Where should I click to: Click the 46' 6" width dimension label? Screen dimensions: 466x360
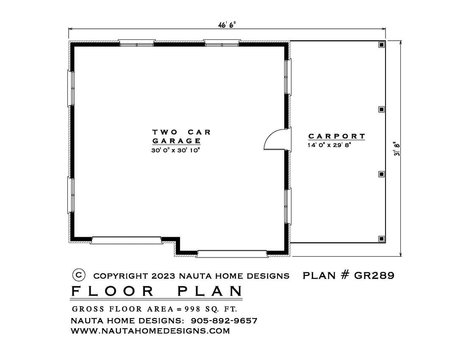[227, 25]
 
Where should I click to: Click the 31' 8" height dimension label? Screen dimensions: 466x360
[397, 149]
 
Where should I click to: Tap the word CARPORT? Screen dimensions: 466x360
[336, 136]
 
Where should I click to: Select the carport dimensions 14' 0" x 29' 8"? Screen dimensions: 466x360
[329, 145]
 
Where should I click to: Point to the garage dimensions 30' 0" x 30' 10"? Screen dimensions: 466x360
[175, 150]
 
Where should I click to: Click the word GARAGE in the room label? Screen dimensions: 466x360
[177, 141]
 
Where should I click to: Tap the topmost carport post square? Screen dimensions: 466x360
[382, 44]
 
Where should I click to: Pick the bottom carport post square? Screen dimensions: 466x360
[382, 238]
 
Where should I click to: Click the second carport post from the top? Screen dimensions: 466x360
[382, 109]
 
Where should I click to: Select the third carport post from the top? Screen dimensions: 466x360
[382, 174]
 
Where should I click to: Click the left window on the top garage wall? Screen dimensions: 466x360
[137, 43]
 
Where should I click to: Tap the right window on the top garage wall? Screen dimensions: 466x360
[222, 43]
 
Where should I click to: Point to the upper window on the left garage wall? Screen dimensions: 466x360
[71, 88]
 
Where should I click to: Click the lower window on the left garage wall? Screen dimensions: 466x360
[71, 195]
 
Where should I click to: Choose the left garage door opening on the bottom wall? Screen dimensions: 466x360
[126, 240]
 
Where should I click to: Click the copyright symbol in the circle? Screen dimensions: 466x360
[79, 275]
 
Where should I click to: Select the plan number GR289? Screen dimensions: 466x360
[374, 275]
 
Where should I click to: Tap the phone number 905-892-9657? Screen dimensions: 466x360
[224, 321]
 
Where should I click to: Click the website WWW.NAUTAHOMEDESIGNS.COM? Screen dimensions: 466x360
[150, 331]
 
